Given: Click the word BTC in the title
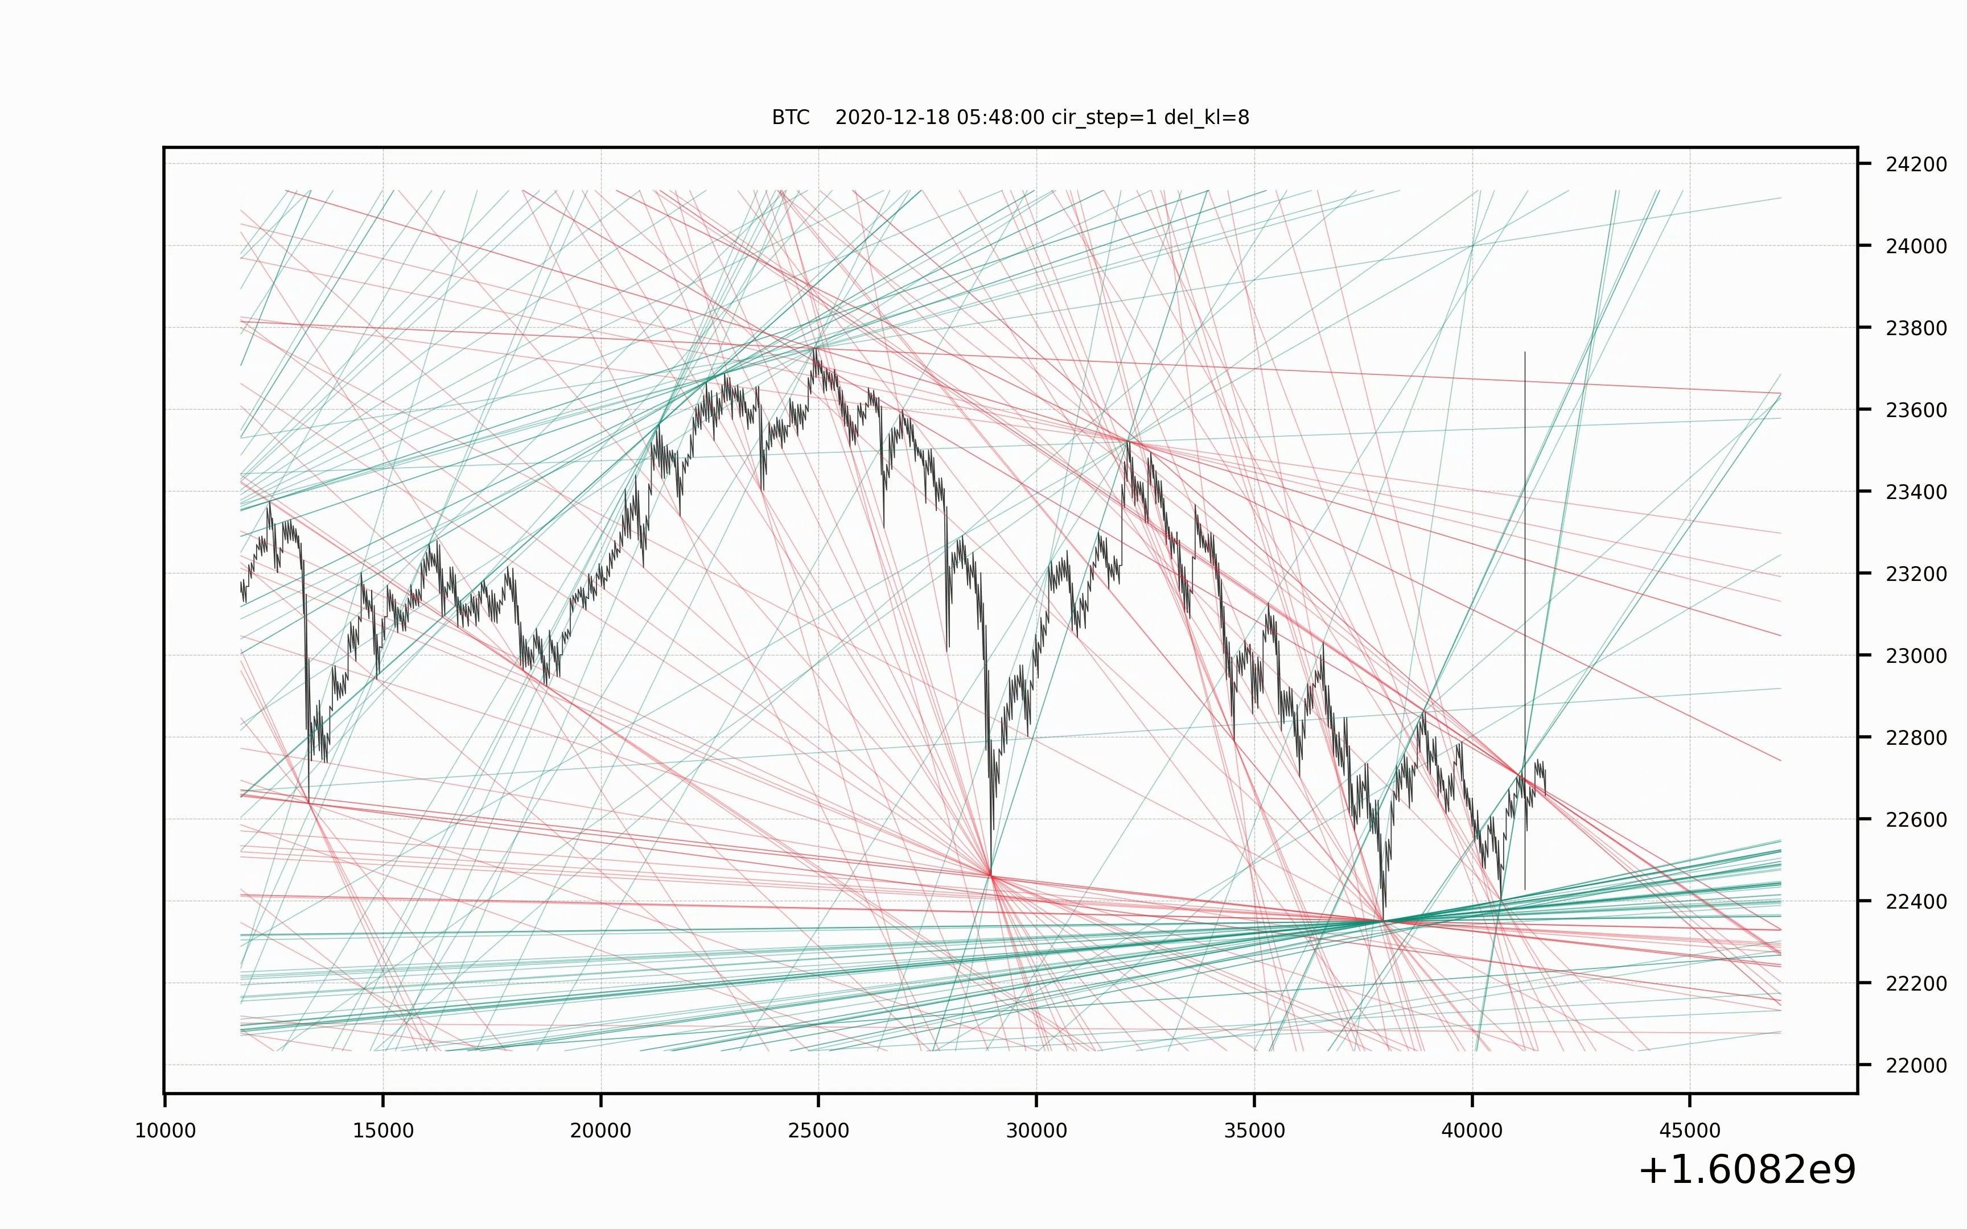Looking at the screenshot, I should tap(790, 118).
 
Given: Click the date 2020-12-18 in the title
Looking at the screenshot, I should tap(892, 118).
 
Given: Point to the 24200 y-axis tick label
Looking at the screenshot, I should tap(1916, 165).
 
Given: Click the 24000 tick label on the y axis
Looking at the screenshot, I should tap(1916, 246).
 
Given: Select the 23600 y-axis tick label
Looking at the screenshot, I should tap(1916, 410).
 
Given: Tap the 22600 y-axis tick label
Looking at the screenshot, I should tap(1916, 820).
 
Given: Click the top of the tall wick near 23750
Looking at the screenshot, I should tap(1525, 353).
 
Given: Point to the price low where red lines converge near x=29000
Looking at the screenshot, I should tap(991, 875).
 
